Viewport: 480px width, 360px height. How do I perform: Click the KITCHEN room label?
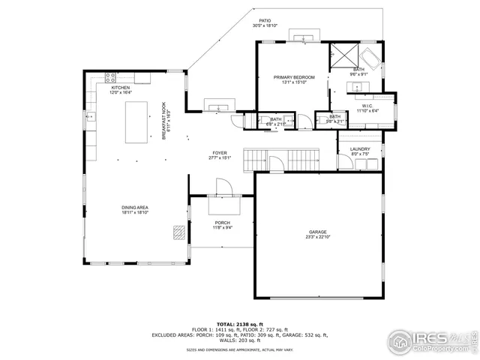tap(121, 88)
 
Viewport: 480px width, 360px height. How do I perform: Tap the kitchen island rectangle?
tap(135, 122)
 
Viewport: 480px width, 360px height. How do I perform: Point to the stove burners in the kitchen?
tap(111, 76)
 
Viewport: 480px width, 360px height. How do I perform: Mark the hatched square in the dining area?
tap(178, 232)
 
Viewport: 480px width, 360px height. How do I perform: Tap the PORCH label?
tap(222, 223)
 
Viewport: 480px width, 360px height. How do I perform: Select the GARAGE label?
tap(318, 232)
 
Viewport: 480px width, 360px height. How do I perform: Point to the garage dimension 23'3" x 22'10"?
tap(318, 238)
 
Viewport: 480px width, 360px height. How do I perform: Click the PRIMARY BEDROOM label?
tap(293, 77)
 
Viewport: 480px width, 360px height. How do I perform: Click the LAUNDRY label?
tap(360, 149)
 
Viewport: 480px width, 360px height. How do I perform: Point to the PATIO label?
tap(265, 21)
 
